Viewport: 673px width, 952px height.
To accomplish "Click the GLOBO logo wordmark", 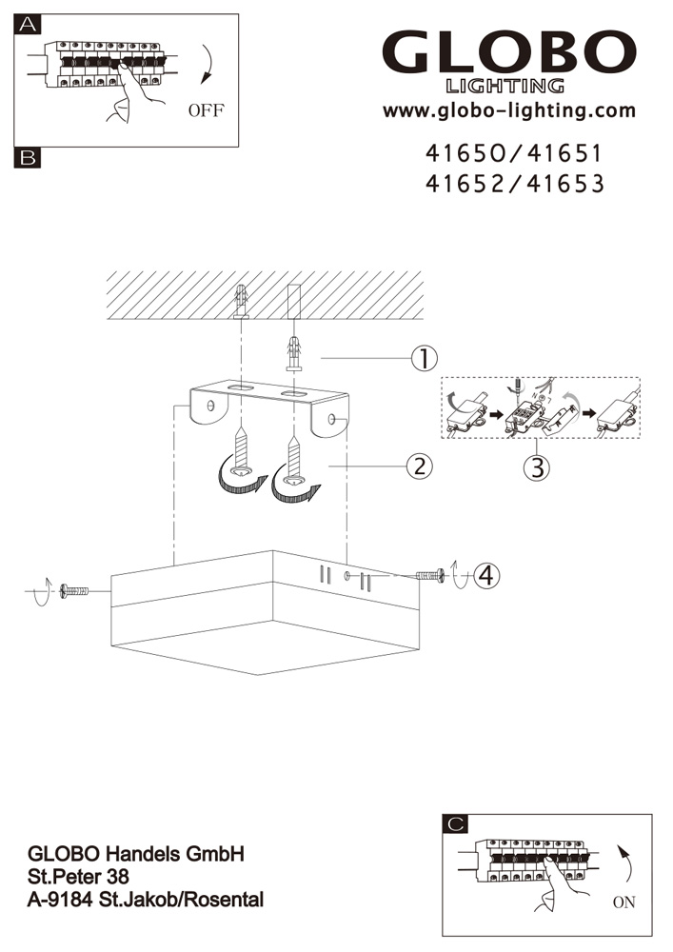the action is click(x=508, y=52).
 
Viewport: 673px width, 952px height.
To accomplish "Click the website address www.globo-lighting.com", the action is click(x=508, y=110).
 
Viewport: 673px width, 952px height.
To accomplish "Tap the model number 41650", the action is click(x=465, y=153).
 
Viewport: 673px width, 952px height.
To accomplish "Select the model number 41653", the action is click(x=565, y=184).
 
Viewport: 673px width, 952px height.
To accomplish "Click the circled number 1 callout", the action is click(x=425, y=358).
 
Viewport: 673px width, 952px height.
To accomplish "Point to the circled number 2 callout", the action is click(x=420, y=466).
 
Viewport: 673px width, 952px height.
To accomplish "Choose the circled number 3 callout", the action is click(x=537, y=468).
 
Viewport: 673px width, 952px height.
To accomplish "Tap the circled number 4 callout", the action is click(x=487, y=575).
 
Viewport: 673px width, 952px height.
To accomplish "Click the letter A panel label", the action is click(x=29, y=25).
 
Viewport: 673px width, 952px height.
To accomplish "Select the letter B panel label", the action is click(x=28, y=158).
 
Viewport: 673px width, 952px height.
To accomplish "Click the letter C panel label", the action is click(x=456, y=823).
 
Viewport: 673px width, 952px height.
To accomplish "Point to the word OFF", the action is click(x=206, y=110).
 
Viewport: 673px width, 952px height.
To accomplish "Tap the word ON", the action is click(x=624, y=902).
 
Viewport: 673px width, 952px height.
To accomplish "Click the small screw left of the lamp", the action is click(x=74, y=591).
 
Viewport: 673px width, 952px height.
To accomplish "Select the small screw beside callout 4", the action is click(x=430, y=575).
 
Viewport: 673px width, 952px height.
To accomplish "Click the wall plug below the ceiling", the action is click(x=294, y=353).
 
